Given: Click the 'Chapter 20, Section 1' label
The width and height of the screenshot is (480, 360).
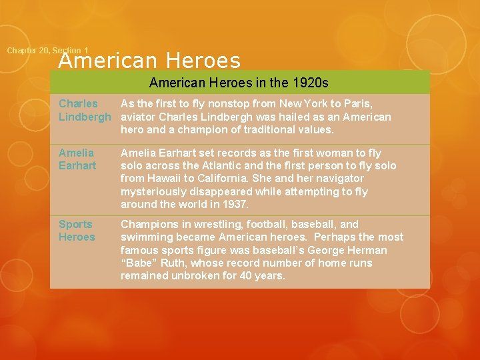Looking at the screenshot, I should point(47,51).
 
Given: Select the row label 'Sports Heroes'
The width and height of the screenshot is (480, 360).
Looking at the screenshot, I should point(77,231).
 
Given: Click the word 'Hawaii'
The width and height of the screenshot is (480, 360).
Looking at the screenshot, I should point(167,179).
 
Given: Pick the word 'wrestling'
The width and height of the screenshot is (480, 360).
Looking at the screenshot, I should point(209,225).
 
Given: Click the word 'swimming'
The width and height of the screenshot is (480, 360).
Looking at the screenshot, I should point(145,237).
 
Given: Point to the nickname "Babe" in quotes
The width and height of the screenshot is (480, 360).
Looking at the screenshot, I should point(138,263).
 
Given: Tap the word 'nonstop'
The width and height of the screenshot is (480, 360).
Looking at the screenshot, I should point(203,103).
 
